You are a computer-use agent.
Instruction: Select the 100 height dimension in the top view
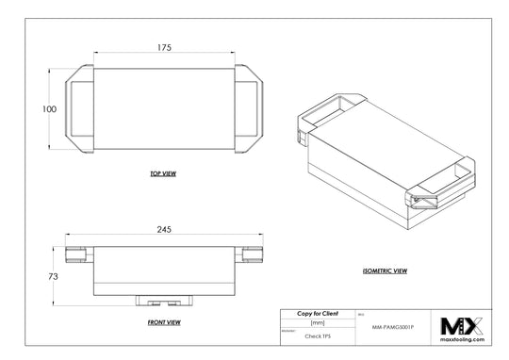pos(37,110)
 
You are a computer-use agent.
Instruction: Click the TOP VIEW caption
pos(163,174)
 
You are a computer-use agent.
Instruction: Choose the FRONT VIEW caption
pos(163,322)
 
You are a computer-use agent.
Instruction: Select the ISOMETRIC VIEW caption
pos(385,270)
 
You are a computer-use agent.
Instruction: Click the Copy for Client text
pos(318,312)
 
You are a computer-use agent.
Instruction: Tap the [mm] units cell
pos(318,322)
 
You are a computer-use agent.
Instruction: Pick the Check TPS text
pos(318,334)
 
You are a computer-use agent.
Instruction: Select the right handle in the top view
pos(249,108)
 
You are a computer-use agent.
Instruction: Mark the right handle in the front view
pos(250,253)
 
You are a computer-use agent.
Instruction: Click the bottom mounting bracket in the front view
pos(163,301)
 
